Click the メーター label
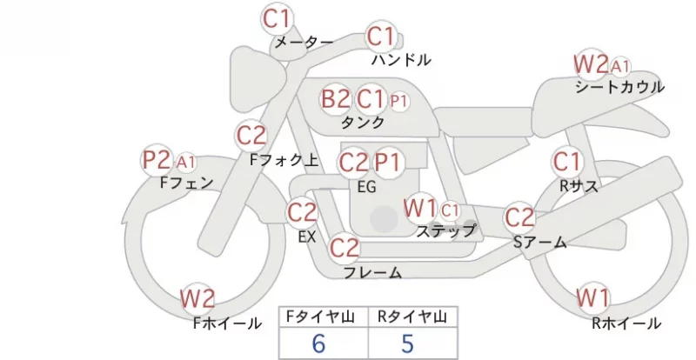(304, 42)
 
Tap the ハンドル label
(401, 59)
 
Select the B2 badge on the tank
(336, 98)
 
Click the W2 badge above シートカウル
(591, 64)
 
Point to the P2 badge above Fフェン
(157, 160)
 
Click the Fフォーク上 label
(284, 160)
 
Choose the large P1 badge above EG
(388, 163)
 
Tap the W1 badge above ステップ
(420, 208)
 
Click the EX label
(307, 237)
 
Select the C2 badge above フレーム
(345, 247)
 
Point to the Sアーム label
(540, 243)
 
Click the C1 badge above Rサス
(567, 161)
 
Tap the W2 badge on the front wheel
(197, 298)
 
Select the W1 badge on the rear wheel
(593, 297)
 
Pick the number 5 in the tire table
(407, 343)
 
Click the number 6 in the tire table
(318, 343)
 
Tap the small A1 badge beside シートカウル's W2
(620, 66)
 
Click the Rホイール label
(626, 323)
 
